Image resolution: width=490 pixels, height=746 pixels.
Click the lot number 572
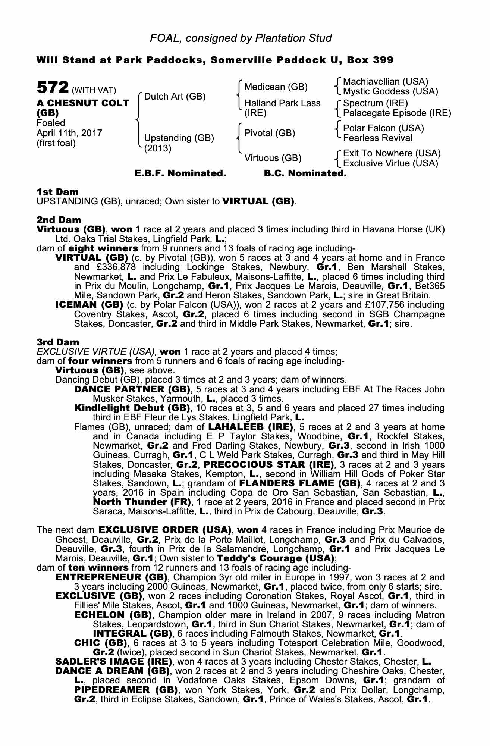click(53, 88)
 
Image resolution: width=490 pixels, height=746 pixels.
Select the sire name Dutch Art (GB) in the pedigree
click(175, 97)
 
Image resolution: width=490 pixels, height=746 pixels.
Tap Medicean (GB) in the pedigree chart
click(276, 87)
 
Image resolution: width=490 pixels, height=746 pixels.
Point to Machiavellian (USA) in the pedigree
click(386, 82)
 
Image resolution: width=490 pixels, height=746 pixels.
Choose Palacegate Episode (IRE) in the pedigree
click(397, 113)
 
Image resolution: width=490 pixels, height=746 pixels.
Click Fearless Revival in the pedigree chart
click(378, 138)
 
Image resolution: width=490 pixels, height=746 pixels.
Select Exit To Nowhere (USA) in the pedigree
click(392, 153)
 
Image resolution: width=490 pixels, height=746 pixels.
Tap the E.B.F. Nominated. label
click(180, 173)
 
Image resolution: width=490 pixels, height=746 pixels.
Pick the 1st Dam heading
click(57, 192)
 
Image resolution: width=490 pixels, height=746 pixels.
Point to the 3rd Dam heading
click(58, 342)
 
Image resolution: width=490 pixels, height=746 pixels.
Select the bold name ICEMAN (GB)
click(89, 305)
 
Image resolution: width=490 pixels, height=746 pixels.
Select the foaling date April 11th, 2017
click(69, 133)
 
